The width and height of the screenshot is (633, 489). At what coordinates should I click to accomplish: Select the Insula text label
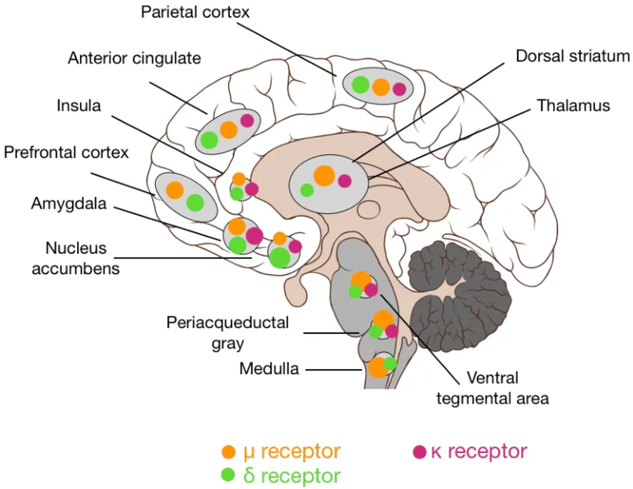point(79,105)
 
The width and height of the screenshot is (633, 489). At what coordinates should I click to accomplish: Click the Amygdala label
point(69,203)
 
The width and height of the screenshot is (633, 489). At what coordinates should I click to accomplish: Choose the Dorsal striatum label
point(572,57)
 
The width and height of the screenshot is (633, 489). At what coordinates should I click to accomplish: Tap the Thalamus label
point(573,106)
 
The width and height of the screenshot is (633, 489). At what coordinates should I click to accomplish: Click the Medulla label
point(269,368)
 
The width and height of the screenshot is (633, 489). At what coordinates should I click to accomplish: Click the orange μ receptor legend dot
point(230,452)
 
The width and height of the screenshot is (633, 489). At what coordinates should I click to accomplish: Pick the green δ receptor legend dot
point(230,475)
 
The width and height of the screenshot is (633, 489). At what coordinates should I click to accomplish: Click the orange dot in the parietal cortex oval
point(381,87)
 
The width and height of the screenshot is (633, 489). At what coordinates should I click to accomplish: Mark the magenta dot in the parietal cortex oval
point(400,89)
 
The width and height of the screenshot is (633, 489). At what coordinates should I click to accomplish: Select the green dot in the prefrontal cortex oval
point(195,202)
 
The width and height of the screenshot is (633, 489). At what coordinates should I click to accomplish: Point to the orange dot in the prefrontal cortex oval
point(174,190)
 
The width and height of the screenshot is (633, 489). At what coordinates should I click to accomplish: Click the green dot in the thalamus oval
point(307,190)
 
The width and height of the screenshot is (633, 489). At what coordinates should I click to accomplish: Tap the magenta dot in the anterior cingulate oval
point(247,120)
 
